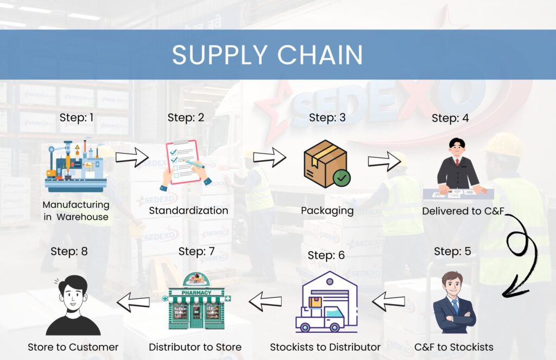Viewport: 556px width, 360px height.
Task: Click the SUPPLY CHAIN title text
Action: tap(267, 55)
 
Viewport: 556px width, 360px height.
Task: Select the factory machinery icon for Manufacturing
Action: tap(75, 166)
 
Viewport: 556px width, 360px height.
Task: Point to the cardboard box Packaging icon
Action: tap(324, 161)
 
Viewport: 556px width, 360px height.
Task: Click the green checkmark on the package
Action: tap(342, 178)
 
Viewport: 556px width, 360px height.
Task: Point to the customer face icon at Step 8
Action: tap(73, 305)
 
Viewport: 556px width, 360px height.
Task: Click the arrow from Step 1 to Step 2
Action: tap(132, 159)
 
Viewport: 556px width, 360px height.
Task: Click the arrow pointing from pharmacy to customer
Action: tap(132, 302)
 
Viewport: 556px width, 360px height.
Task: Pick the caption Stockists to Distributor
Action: tap(325, 346)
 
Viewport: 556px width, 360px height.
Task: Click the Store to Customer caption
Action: tap(73, 346)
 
